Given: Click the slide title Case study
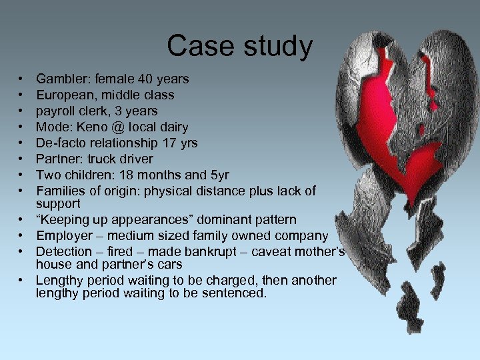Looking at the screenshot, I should [239, 46].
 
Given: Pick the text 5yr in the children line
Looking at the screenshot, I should [219, 175].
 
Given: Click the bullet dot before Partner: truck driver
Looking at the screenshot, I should [23, 159].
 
